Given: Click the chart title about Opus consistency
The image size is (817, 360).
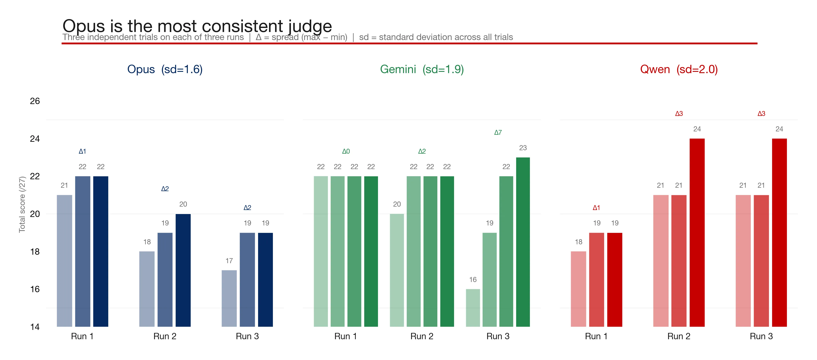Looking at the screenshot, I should (x=197, y=26).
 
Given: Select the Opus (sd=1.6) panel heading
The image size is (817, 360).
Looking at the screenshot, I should (x=165, y=69).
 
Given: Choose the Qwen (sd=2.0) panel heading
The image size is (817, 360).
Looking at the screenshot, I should (x=679, y=69).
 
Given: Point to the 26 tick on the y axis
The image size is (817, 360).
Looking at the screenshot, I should (x=35, y=101).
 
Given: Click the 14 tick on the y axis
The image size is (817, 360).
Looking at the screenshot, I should (x=35, y=327).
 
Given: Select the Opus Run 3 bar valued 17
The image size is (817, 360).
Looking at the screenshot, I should (x=229, y=298).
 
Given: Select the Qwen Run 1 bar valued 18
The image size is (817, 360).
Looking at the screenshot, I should (x=578, y=289).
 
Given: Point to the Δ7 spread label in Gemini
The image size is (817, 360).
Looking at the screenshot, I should (x=498, y=133).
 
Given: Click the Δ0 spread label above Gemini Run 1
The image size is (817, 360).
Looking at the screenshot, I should (x=346, y=151).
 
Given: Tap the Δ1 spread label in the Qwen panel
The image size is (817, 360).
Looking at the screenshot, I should (x=596, y=208).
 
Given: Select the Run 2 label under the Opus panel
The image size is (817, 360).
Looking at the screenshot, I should (x=165, y=336).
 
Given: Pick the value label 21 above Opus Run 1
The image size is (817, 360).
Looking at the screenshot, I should (x=64, y=185).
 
